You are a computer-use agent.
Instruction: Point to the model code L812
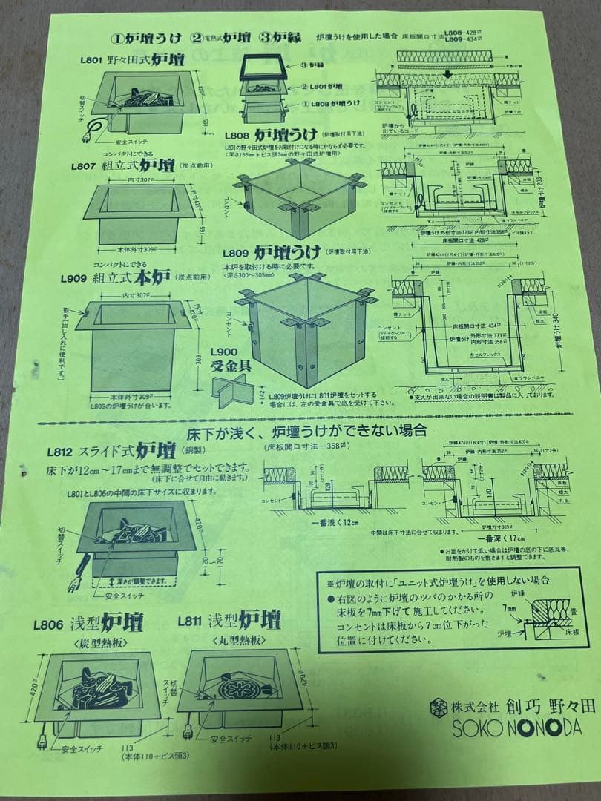coord(60,451)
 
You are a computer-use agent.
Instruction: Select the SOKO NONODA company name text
coord(517,728)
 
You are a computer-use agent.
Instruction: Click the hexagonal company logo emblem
coord(440,707)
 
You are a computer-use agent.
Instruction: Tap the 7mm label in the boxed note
coord(509,608)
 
